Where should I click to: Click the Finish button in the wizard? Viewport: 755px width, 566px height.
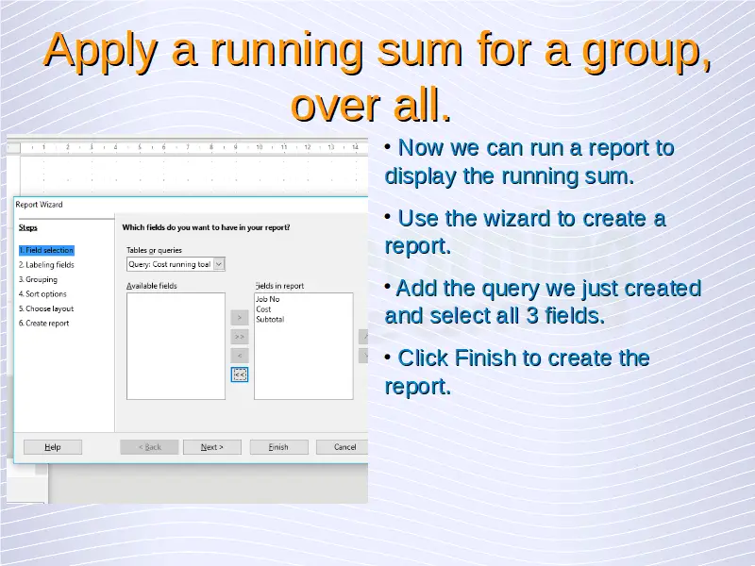(x=278, y=447)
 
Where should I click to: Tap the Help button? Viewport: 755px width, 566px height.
(x=53, y=447)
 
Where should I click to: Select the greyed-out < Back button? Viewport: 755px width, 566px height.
(x=149, y=447)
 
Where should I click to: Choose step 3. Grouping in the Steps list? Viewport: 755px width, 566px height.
(x=38, y=279)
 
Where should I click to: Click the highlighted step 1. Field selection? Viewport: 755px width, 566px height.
(x=46, y=250)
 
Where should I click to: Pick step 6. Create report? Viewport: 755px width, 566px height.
(x=43, y=324)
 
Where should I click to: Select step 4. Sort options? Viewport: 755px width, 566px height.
(x=42, y=294)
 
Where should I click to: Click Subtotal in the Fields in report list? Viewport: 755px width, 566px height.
(x=270, y=319)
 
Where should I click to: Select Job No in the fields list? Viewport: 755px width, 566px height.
(x=268, y=299)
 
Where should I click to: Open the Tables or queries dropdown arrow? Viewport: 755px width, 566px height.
(x=219, y=264)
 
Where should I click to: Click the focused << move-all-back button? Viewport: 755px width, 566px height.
(x=240, y=375)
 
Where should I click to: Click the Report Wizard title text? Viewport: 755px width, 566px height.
(x=39, y=205)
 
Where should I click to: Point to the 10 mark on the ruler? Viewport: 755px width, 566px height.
(x=259, y=147)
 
